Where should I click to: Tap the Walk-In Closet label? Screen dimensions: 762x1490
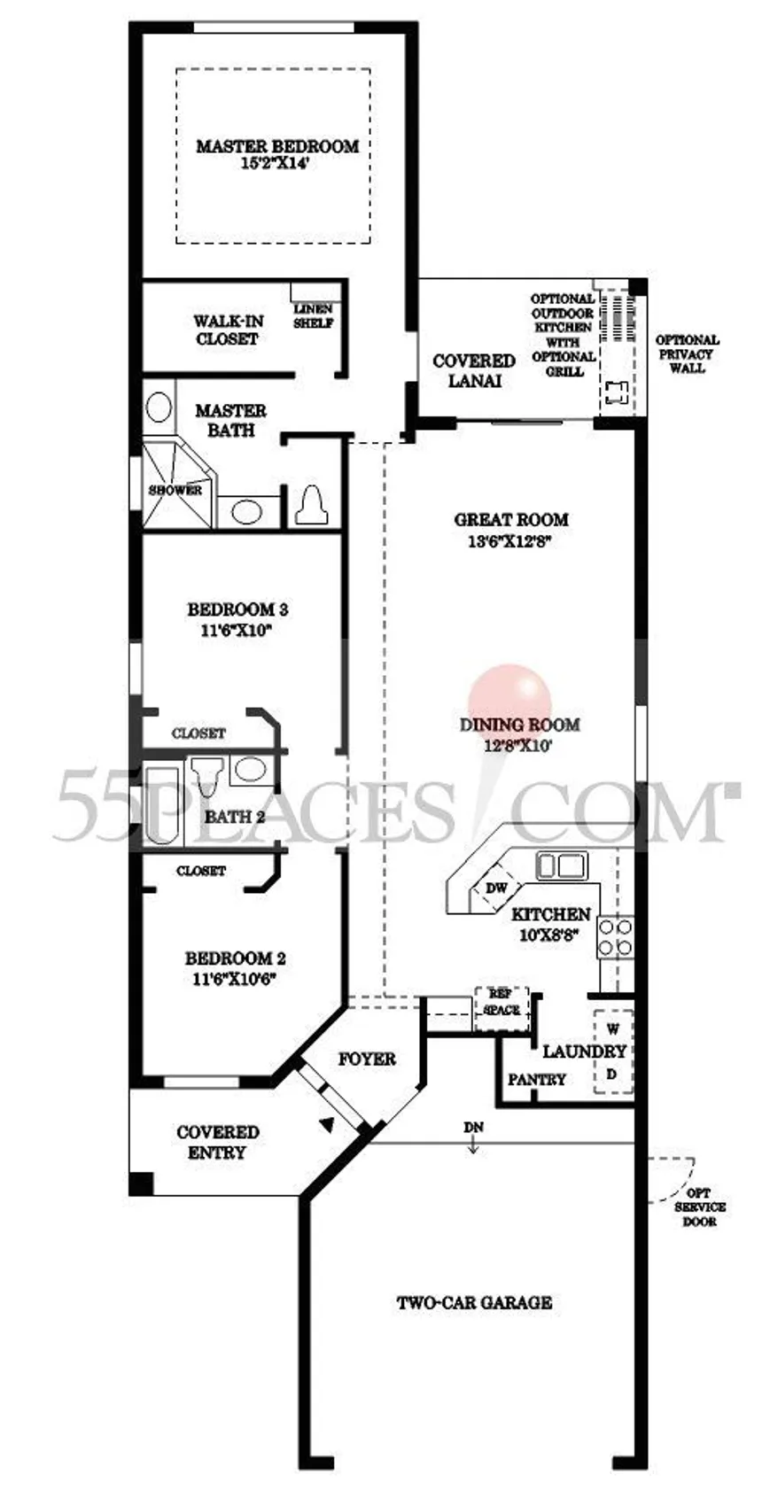coord(228,330)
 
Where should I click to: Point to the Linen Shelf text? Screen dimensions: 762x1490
coord(314,316)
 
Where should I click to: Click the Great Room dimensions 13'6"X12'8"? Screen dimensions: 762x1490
coord(511,541)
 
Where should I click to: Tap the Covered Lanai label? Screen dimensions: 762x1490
coord(474,370)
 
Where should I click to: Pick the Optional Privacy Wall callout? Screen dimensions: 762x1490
coord(688,353)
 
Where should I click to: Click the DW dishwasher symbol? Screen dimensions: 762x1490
coord(496,889)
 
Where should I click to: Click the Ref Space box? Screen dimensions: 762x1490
coord(502,1009)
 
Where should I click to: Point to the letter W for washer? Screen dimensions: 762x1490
coord(612,1029)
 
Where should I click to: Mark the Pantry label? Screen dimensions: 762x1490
coord(536,1079)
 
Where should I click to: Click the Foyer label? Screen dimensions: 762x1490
coord(367,1059)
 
